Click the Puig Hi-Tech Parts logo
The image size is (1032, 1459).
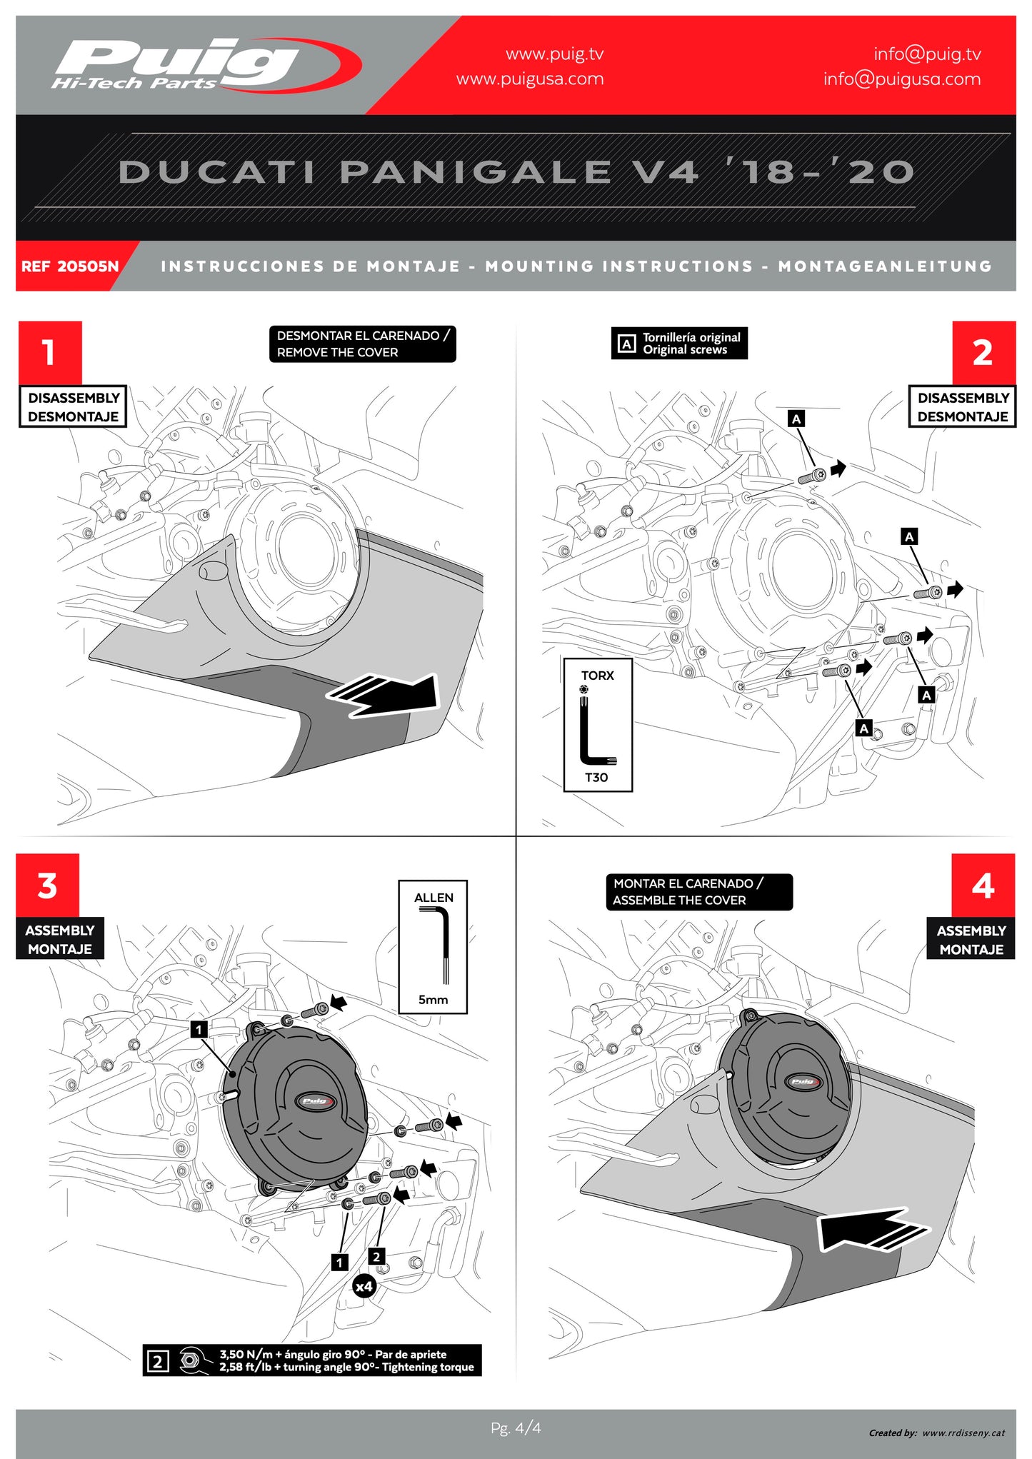pos(204,66)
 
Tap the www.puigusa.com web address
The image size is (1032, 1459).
pos(530,79)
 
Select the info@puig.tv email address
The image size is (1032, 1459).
pos(926,54)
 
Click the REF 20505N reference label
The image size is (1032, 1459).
pos(70,266)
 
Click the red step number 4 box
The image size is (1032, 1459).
pos(983,886)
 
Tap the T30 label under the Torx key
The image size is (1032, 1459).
pos(596,778)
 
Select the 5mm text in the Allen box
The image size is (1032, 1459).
pos(433,1000)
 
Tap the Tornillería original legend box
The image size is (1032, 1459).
pos(679,344)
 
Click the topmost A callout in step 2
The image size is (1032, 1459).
pos(796,419)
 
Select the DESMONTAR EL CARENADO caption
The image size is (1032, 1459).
pos(362,344)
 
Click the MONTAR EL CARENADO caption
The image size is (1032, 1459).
pos(698,892)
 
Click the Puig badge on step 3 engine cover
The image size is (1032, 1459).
pos(315,1100)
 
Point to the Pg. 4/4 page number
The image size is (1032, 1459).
pos(516,1428)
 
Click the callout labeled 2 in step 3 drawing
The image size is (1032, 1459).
pos(376,1257)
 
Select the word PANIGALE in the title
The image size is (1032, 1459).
pos(475,172)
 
